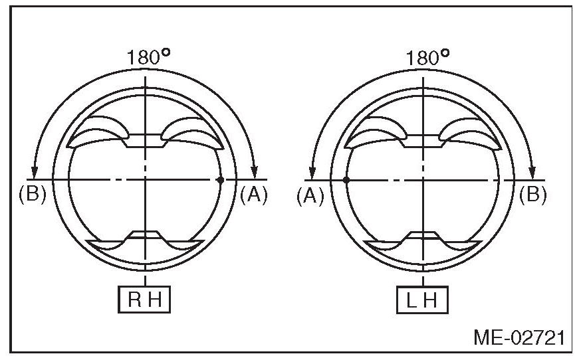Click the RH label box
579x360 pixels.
[x=144, y=300]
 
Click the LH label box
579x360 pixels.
[x=422, y=300]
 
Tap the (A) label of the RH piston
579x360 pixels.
[x=254, y=195]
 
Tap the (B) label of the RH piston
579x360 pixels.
[x=33, y=195]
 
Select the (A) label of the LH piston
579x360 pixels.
[x=310, y=195]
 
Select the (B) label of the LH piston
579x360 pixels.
[x=533, y=195]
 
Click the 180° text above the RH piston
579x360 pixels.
[x=148, y=57]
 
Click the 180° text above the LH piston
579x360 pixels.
[x=427, y=57]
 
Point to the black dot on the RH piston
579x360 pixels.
[x=221, y=179]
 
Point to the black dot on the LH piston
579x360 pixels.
[x=346, y=180]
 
